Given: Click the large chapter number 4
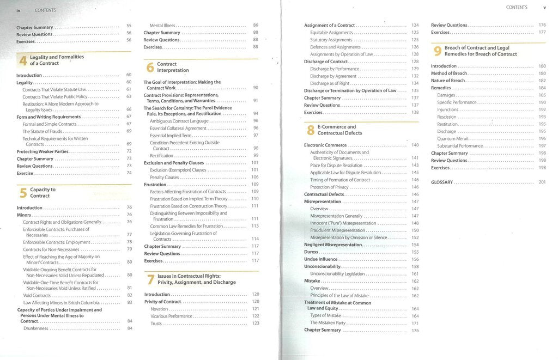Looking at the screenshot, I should tap(22, 60).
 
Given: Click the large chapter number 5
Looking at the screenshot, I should tap(23, 193).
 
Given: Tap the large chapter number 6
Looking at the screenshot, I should tap(150, 68).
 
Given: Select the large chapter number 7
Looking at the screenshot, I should tap(150, 279).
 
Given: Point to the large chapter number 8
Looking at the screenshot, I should tap(311, 130).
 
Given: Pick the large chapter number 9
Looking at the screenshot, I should tap(438, 51).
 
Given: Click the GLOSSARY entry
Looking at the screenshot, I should tap(442, 182).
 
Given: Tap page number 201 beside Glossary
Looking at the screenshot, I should tap(542, 182).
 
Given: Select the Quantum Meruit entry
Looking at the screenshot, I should tap(453, 139).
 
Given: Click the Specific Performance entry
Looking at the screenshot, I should tap(457, 102).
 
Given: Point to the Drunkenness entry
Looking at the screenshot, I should tap(36, 328).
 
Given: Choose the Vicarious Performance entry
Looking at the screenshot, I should tap(171, 316).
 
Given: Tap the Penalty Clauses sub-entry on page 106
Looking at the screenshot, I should tap(165, 178).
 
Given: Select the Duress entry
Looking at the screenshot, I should tap(311, 252).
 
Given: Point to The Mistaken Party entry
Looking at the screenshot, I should tap(327, 323).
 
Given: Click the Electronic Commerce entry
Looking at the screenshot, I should tap(325, 145).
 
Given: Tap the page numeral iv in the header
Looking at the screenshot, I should tap(19, 10).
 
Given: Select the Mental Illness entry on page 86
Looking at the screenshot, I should tap(163, 26).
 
